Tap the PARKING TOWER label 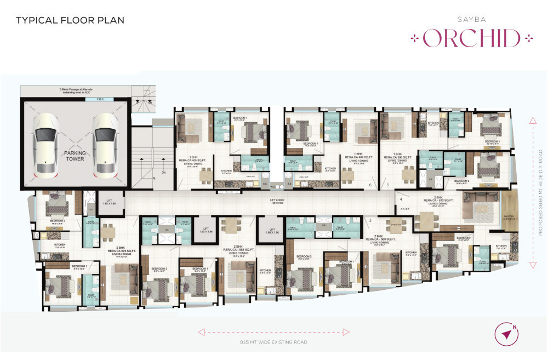coord(75,156)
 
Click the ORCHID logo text coord(472,39)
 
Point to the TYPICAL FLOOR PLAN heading coord(70,21)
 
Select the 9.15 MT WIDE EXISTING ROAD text coord(272,342)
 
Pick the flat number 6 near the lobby coord(371,186)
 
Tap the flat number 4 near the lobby coord(401,199)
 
